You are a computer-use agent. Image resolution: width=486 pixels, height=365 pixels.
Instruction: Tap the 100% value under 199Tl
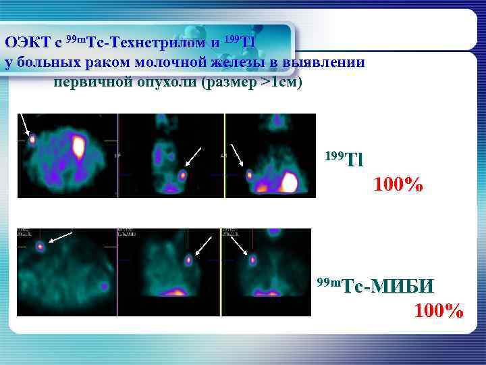(x=399, y=184)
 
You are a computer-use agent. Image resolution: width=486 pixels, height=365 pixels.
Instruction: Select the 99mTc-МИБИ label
(x=377, y=287)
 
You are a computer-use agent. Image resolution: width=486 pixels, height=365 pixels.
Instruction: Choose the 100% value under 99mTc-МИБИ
(x=439, y=310)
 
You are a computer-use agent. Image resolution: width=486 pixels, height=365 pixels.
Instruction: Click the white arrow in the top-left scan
(x=25, y=124)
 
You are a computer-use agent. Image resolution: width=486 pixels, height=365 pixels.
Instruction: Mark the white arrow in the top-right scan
(x=237, y=154)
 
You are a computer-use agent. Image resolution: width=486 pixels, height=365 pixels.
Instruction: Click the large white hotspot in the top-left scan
(x=79, y=145)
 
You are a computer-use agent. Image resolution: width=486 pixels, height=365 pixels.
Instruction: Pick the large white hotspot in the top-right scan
(x=290, y=182)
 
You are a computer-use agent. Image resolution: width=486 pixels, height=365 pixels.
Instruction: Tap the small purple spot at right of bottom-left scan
(x=104, y=286)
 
